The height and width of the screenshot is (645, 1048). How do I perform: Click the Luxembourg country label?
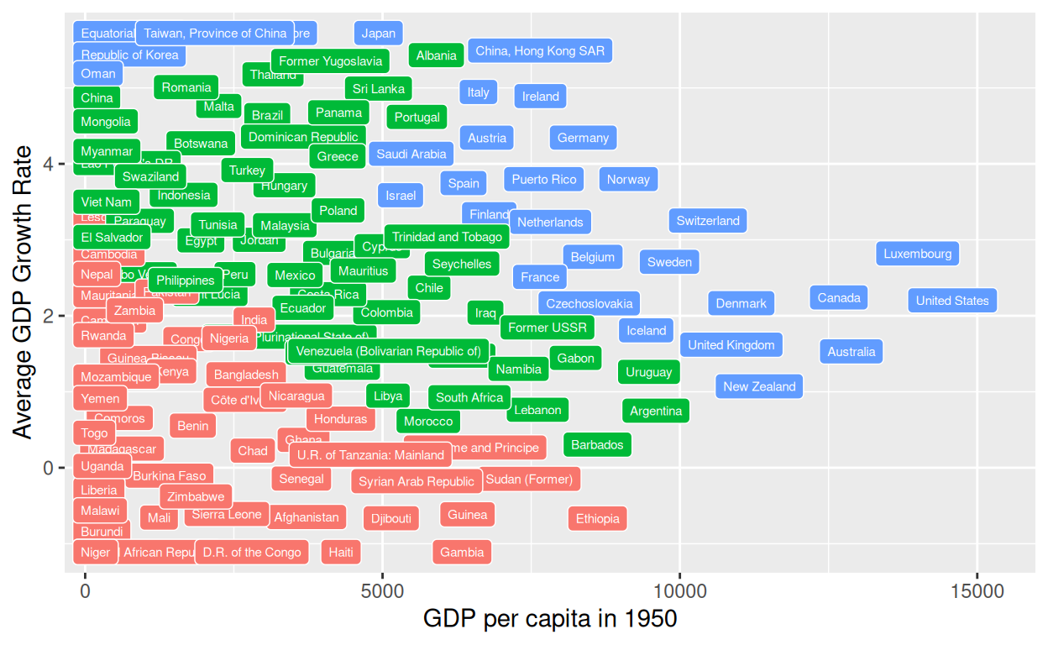[x=917, y=254]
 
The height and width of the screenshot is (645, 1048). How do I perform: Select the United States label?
[x=952, y=301]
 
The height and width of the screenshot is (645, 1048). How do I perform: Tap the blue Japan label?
[x=378, y=34]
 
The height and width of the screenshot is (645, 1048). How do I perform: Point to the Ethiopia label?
[x=598, y=519]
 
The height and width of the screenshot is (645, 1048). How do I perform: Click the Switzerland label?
[x=708, y=221]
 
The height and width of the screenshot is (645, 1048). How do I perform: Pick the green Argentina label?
[x=656, y=411]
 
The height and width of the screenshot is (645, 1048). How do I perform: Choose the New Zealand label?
[x=759, y=386]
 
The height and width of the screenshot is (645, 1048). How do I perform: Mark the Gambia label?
[x=462, y=552]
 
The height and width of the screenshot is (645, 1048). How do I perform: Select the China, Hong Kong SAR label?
[x=540, y=50]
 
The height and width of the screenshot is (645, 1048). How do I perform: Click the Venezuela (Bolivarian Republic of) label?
[x=389, y=351]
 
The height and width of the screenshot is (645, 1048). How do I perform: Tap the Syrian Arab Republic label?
[x=417, y=481]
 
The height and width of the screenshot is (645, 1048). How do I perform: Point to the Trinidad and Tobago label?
[x=447, y=237]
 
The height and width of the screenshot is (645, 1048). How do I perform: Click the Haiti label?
[x=341, y=552]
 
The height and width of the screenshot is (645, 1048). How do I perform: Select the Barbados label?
[x=597, y=444]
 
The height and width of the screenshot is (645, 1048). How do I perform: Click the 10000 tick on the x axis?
[x=679, y=591]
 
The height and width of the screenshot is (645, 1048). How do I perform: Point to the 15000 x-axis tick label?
[x=977, y=591]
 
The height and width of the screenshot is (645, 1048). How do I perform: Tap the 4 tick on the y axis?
[x=49, y=164]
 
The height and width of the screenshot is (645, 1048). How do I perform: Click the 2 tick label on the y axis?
[x=49, y=316]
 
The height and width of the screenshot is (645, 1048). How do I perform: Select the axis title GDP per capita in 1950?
[x=550, y=620]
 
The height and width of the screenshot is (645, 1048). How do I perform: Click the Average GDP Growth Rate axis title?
[x=23, y=292]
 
